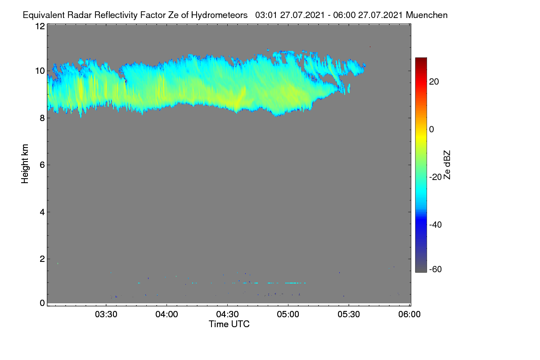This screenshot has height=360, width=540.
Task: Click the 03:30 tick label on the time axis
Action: click(106, 315)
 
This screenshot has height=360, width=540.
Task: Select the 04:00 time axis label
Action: click(166, 315)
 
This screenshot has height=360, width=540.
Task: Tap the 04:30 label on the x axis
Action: click(227, 315)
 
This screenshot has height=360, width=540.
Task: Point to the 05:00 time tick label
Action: click(288, 315)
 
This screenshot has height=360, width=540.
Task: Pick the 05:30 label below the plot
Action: click(349, 315)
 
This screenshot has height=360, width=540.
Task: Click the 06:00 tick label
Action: click(409, 315)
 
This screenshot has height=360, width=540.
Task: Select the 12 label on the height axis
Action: click(40, 26)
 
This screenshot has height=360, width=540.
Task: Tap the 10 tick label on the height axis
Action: click(40, 71)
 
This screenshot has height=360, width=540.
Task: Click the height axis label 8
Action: click(42, 118)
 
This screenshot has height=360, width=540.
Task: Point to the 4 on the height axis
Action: click(42, 212)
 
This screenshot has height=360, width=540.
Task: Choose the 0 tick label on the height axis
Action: click(42, 303)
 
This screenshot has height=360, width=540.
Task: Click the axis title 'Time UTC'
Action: click(229, 324)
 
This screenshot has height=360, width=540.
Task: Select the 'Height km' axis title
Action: click(25, 164)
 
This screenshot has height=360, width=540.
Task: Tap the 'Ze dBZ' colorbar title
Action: click(447, 165)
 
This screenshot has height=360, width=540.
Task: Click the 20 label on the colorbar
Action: click(434, 82)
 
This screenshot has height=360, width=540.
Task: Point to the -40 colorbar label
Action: click(436, 225)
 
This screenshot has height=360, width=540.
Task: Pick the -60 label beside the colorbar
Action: click(436, 270)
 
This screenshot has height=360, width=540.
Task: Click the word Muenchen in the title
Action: click(427, 15)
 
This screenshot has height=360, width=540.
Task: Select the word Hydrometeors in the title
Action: click(219, 15)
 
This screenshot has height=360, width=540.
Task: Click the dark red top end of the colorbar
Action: click(421, 58)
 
